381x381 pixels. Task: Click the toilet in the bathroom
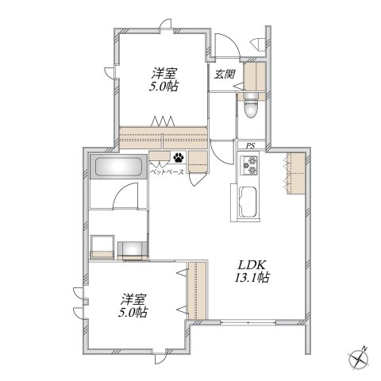click(251, 106)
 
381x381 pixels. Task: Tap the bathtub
click(118, 167)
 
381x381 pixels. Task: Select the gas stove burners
click(248, 165)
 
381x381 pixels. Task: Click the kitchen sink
click(248, 202)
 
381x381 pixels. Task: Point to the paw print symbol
click(179, 158)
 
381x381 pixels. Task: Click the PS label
click(251, 145)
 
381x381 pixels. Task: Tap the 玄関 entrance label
click(225, 74)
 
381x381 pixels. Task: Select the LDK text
click(252, 265)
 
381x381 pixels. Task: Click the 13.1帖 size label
click(252, 278)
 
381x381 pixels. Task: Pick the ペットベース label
click(167, 172)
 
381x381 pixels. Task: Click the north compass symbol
click(359, 359)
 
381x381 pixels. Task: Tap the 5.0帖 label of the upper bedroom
click(164, 87)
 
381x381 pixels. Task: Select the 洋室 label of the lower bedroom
click(133, 299)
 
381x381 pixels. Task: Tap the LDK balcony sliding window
click(248, 322)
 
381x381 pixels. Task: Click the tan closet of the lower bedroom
click(197, 291)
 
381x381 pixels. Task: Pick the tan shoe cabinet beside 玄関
click(255, 77)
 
